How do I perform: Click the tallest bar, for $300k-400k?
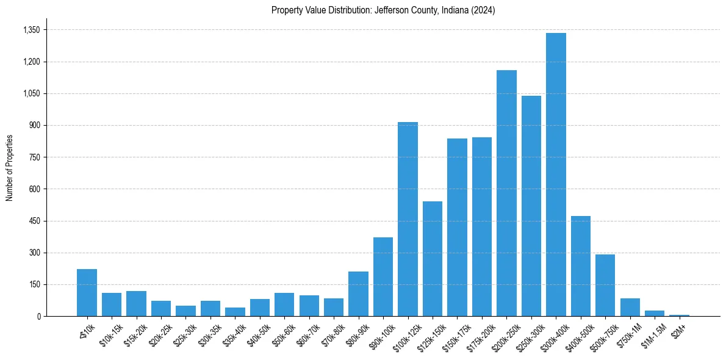pyautogui.click(x=556, y=175)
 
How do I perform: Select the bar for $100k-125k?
pyautogui.click(x=408, y=219)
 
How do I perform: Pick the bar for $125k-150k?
pyautogui.click(x=433, y=259)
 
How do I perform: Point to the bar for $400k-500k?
pyautogui.click(x=580, y=266)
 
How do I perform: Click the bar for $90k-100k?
pyautogui.click(x=383, y=276)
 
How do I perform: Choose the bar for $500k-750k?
pyautogui.click(x=605, y=285)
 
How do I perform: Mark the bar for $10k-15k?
pyautogui.click(x=112, y=304)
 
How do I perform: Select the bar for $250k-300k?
pyautogui.click(x=531, y=206)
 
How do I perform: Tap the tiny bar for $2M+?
pyautogui.click(x=679, y=315)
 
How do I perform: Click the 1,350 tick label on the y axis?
pyautogui.click(x=31, y=30)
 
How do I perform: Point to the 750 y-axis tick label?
pyautogui.click(x=34, y=157)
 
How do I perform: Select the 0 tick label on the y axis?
pyautogui.click(x=38, y=316)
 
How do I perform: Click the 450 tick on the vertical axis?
pyautogui.click(x=34, y=221)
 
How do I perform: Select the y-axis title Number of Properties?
pyautogui.click(x=9, y=168)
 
